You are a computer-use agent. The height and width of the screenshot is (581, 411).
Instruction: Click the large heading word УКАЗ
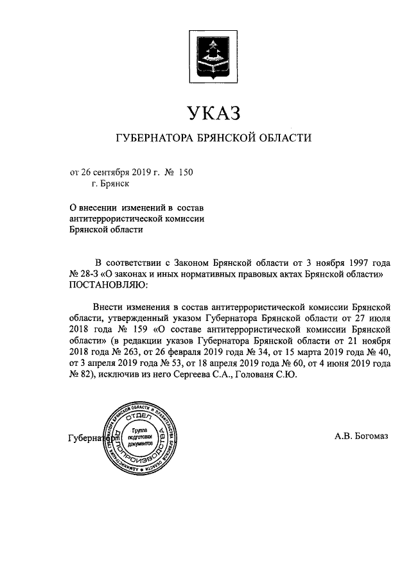pyautogui.click(x=205, y=114)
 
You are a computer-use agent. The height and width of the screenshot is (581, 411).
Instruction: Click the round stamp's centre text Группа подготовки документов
pyautogui.click(x=141, y=436)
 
